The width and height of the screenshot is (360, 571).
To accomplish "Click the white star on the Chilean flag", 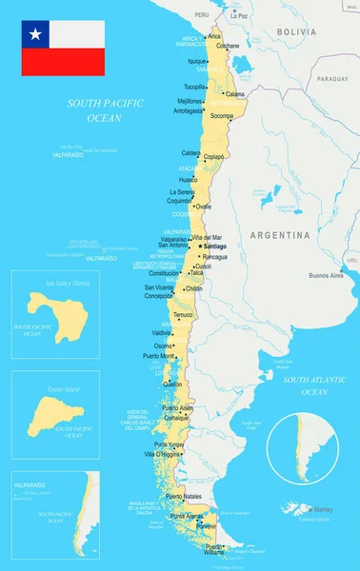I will (36, 34).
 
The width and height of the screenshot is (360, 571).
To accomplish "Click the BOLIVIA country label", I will (296, 31).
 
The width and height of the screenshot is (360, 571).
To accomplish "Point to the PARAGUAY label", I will (333, 80).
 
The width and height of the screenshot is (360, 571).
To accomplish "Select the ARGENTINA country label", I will (280, 234).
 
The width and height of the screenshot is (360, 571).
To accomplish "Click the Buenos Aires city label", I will (326, 275).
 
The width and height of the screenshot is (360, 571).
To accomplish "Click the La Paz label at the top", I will (239, 16).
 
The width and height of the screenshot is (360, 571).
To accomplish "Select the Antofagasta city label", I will (188, 110).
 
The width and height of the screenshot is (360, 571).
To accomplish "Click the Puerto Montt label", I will (159, 356).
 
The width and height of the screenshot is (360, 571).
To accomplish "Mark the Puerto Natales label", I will (183, 497).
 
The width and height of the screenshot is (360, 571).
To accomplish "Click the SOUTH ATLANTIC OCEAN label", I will (306, 385).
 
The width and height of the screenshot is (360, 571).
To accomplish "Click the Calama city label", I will (234, 94).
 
